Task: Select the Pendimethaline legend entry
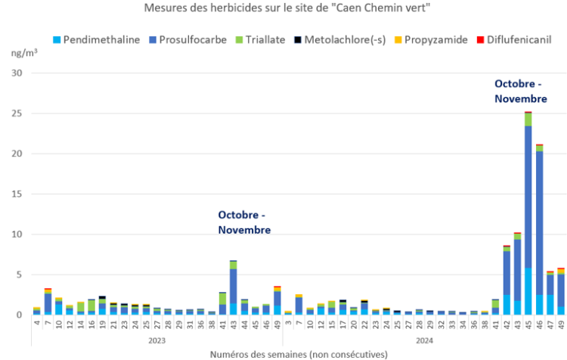(x=97, y=40)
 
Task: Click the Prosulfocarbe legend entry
(x=189, y=40)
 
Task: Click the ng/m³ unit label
(x=25, y=54)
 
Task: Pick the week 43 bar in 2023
(x=234, y=287)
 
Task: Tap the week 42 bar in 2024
(x=506, y=280)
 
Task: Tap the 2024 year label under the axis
(x=426, y=340)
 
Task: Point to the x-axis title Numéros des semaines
(x=298, y=354)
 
